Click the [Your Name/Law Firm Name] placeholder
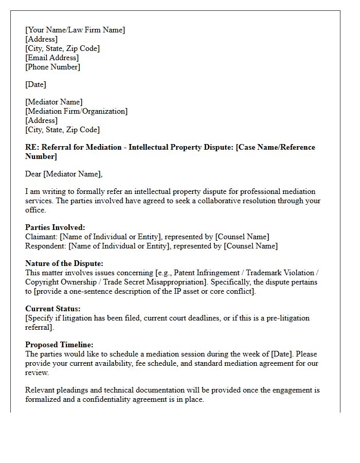click(75, 30)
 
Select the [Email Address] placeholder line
click(52, 58)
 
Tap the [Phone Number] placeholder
click(52, 67)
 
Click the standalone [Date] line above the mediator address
click(35, 84)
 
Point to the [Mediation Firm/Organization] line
click(76, 111)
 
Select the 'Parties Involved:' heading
click(55, 227)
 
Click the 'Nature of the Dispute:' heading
click(64, 263)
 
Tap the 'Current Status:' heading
click(53, 309)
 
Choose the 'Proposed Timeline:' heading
click(59, 345)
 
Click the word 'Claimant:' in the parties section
click(41, 237)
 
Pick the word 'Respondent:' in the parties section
click(45, 246)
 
